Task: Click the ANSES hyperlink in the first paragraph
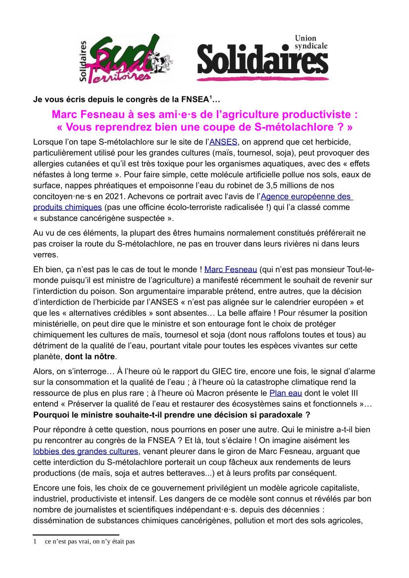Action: [x=224, y=142]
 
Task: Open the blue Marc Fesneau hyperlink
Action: [x=230, y=269]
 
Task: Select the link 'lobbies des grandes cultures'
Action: [x=86, y=451]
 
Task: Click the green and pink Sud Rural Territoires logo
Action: [x=119, y=58]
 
